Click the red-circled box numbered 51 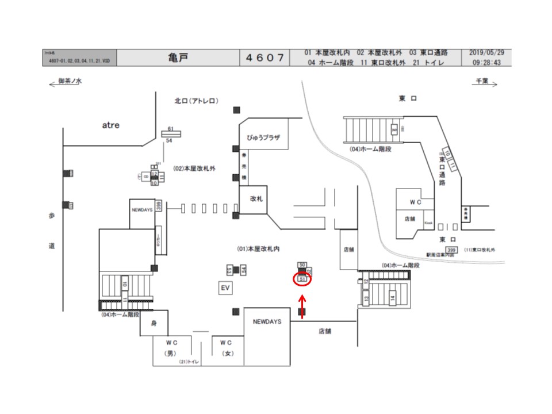click(x=302, y=279)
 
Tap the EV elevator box click(x=225, y=287)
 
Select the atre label click(x=110, y=125)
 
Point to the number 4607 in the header click(x=265, y=57)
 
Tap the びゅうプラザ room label click(x=263, y=138)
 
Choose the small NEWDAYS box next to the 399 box click(x=142, y=210)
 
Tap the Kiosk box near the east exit click(x=428, y=223)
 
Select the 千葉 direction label click(x=481, y=82)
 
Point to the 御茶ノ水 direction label click(x=70, y=82)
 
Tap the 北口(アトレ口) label click(x=196, y=101)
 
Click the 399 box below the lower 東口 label click(x=451, y=250)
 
